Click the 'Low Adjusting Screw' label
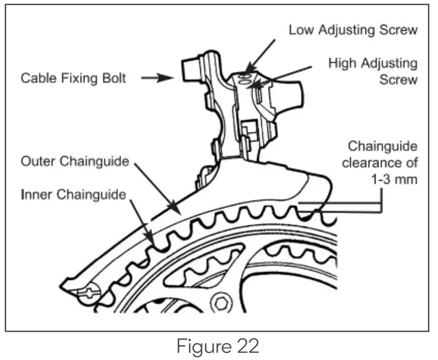click(353, 30)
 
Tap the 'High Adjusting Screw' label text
click(373, 71)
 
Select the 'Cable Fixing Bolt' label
click(73, 79)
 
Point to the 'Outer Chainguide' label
click(74, 161)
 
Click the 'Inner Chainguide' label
click(73, 195)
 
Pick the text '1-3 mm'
click(395, 180)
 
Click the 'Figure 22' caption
click(218, 346)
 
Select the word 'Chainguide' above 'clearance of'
click(383, 146)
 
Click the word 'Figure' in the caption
click(200, 346)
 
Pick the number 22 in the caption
click(245, 346)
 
